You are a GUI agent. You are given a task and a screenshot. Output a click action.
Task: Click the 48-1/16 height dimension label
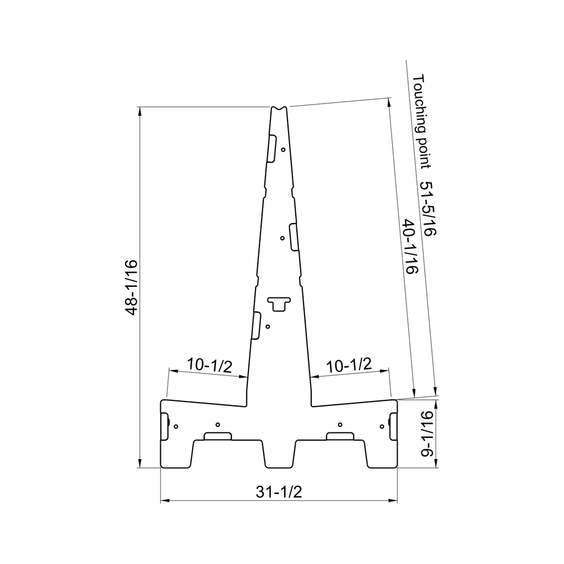click(132, 287)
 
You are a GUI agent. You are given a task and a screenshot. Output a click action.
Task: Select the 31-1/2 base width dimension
click(279, 492)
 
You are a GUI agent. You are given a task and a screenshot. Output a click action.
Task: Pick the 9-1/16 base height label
click(427, 434)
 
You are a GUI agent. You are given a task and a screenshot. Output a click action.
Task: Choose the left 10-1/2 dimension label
click(209, 365)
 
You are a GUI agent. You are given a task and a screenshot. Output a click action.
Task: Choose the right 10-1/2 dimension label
click(349, 365)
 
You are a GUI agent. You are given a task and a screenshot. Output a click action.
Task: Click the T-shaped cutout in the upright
click(279, 304)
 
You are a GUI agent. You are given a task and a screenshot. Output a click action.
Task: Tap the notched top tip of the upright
click(279, 108)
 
